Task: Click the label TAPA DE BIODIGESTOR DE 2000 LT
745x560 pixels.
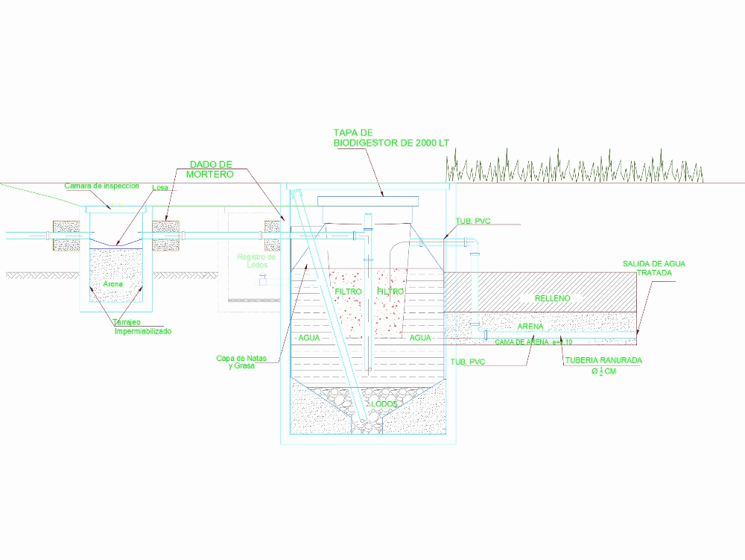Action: pyautogui.click(x=391, y=137)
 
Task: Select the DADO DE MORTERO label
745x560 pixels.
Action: pyautogui.click(x=212, y=169)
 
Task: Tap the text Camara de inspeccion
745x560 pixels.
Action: pyautogui.click(x=101, y=186)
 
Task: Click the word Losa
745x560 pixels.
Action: pyautogui.click(x=160, y=188)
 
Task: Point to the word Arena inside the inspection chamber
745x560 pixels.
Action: pyautogui.click(x=113, y=284)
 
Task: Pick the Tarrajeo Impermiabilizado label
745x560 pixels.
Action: pyautogui.click(x=142, y=327)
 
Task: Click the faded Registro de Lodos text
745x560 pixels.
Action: pyautogui.click(x=256, y=261)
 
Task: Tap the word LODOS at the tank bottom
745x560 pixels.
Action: pyautogui.click(x=384, y=403)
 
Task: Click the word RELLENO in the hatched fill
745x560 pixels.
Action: pyautogui.click(x=552, y=298)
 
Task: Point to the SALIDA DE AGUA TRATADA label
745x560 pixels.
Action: pyautogui.click(x=654, y=268)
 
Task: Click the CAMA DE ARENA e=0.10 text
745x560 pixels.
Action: pyautogui.click(x=533, y=342)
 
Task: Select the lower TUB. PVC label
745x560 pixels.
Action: pyautogui.click(x=468, y=362)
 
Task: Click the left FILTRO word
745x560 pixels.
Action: pyautogui.click(x=348, y=291)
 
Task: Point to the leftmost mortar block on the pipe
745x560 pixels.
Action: pyautogui.click(x=66, y=235)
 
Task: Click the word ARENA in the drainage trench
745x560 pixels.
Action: pyautogui.click(x=531, y=326)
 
